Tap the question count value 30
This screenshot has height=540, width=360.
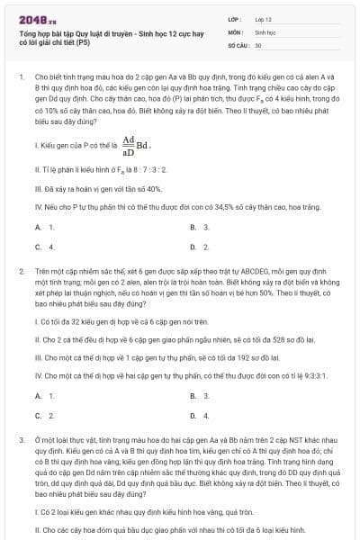point(258,44)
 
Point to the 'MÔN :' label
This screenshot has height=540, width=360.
point(237,31)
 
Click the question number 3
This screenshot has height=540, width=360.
point(21,439)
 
